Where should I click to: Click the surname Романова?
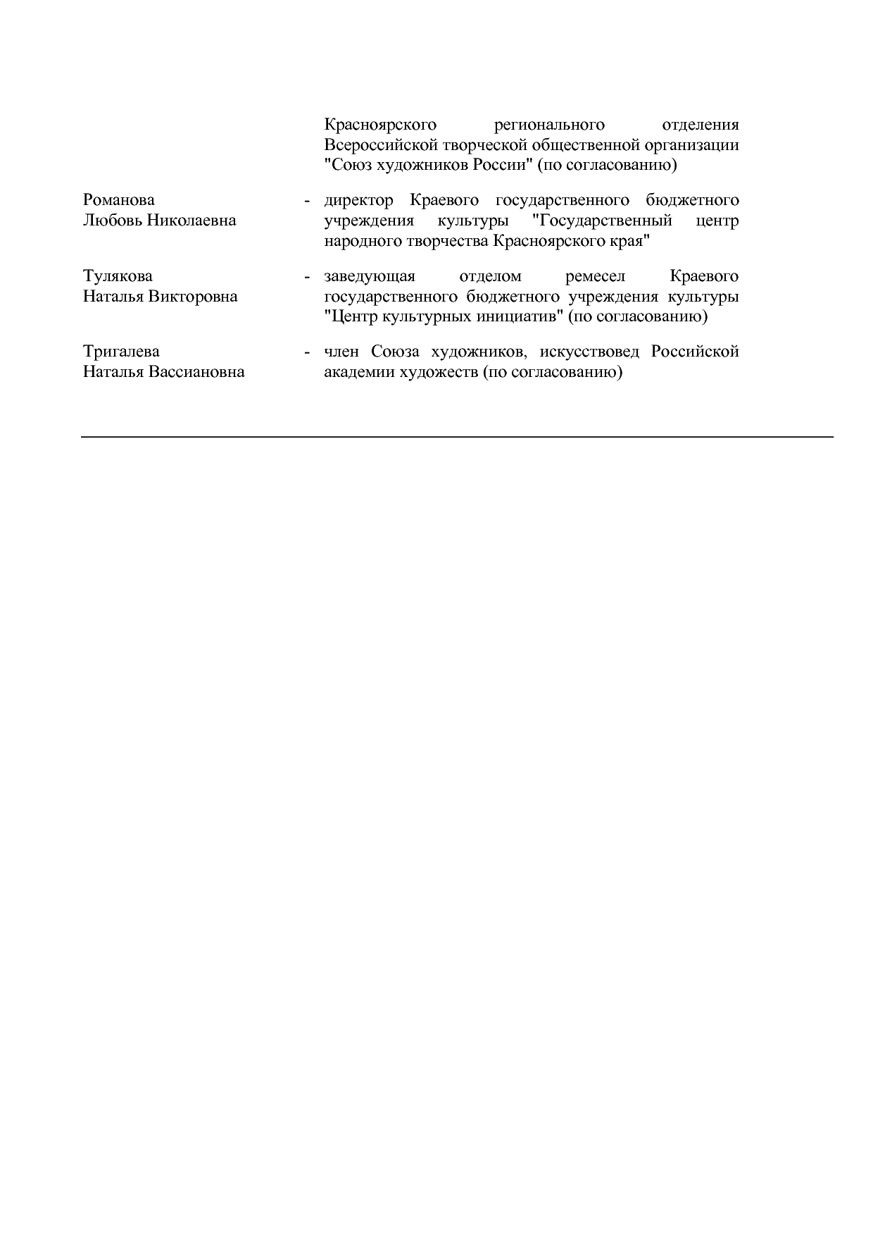118,201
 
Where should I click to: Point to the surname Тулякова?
118,276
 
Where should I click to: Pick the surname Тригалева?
121,352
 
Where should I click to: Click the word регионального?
549,125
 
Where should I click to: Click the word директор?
358,201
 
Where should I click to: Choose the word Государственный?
603,221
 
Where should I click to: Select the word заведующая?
370,276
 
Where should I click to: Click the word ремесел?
595,276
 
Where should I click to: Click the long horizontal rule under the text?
457,438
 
